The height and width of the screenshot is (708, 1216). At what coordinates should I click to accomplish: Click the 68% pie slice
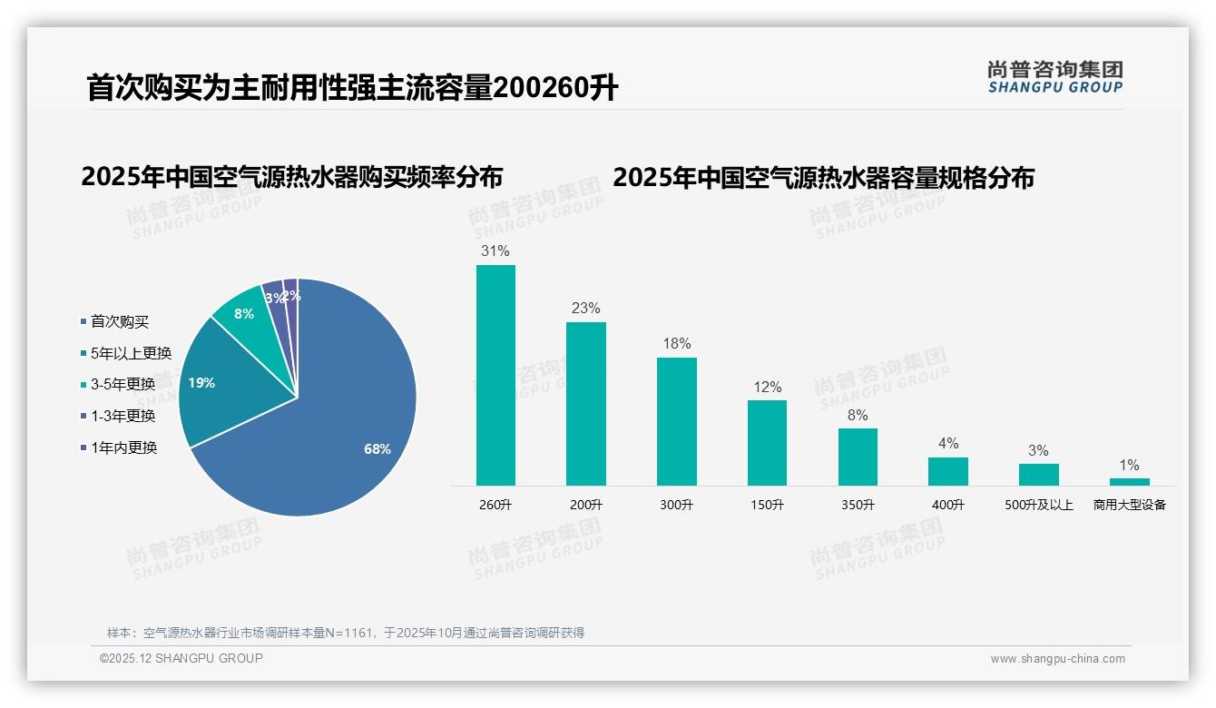pos(345,427)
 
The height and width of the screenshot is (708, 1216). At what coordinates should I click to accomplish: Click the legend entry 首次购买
pos(119,321)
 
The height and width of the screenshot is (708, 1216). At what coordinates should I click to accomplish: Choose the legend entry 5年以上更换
pos(131,353)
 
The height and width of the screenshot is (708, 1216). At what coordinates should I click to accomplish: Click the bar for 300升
pos(677,421)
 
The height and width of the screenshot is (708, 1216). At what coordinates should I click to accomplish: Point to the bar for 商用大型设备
pos(1129,482)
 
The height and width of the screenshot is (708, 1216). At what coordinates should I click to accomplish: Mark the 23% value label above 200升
pos(586,309)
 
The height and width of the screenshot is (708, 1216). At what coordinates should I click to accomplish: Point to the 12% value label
pos(767,388)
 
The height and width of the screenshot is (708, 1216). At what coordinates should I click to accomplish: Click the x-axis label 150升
pos(767,505)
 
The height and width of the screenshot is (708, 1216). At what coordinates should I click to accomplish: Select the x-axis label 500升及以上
pos(1039,505)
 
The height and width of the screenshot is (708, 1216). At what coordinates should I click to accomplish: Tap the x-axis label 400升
pos(948,505)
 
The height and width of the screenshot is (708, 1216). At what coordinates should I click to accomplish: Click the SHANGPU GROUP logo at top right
pos(1054,76)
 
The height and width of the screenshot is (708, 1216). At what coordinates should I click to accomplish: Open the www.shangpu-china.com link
pos(1057,659)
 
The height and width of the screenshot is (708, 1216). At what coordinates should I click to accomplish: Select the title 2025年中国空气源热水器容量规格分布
pos(823,177)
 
